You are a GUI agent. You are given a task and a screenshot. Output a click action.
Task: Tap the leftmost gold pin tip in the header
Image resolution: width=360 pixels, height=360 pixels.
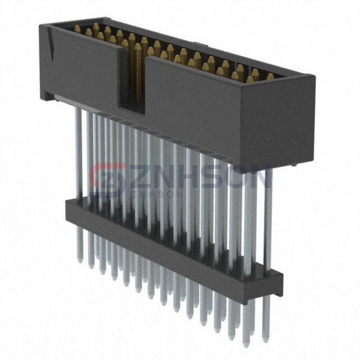click(77, 28)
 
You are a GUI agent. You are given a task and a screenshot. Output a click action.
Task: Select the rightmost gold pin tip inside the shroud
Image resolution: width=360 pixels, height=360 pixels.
click(270, 76)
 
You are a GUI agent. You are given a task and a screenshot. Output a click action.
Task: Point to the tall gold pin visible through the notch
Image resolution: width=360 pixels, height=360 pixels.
click(137, 71)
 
